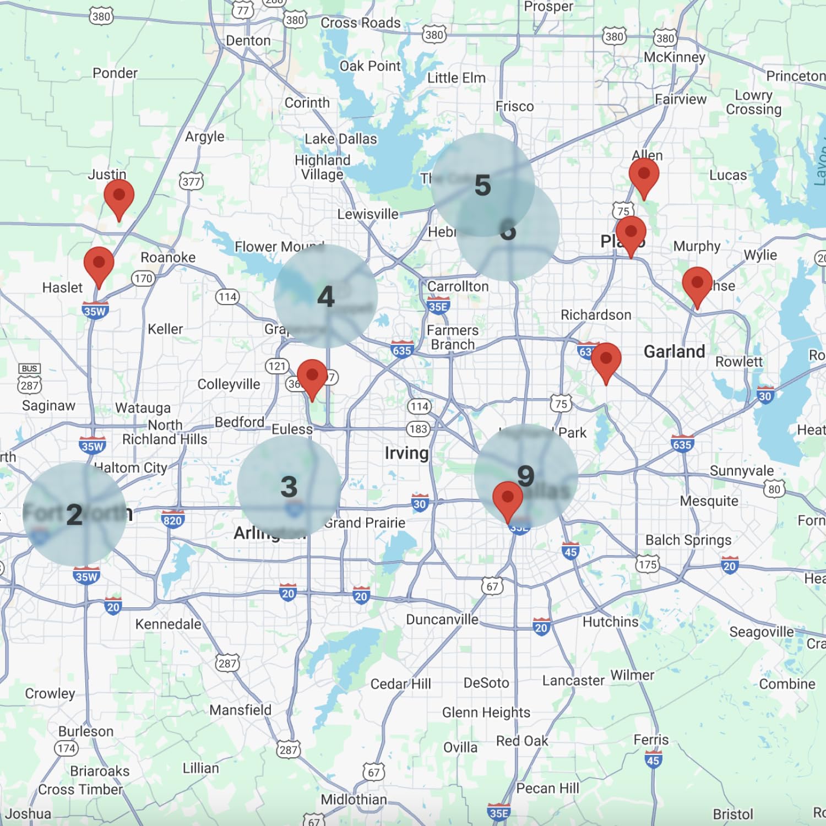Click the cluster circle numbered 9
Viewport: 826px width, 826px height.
tap(526, 476)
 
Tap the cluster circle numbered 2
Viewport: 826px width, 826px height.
tap(74, 514)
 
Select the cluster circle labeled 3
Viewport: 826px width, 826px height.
tap(289, 487)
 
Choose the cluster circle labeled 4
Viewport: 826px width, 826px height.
tap(325, 296)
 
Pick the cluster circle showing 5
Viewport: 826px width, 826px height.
tap(482, 184)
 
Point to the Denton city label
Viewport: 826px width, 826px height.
tap(248, 41)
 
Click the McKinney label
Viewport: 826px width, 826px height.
tap(674, 57)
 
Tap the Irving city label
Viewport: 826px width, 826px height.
tap(406, 453)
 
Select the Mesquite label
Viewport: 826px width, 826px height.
tap(709, 501)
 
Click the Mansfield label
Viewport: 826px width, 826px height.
tap(240, 710)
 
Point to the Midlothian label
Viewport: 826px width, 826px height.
tap(354, 799)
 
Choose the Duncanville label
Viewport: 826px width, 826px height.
tap(442, 619)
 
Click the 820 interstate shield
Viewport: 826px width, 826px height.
tap(172, 520)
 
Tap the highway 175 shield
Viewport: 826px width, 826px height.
tap(648, 564)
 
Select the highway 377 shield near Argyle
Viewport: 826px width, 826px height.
tap(191, 181)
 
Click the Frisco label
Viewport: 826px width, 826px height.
tap(514, 106)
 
